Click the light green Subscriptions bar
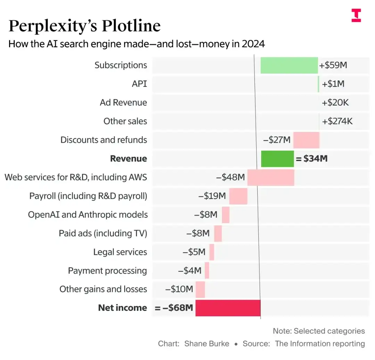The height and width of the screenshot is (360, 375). (x=289, y=65)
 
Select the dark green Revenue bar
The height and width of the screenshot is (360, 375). (x=277, y=159)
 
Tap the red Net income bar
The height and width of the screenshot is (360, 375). (x=228, y=308)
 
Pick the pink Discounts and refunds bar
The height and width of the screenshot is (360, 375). (x=306, y=140)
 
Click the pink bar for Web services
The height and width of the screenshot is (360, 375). (x=270, y=177)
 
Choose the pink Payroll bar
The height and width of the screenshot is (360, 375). (x=238, y=196)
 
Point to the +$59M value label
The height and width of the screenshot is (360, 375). (x=333, y=65)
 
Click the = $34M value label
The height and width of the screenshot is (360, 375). (x=311, y=159)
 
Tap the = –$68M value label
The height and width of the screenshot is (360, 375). (x=174, y=308)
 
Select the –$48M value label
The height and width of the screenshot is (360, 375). (x=231, y=177)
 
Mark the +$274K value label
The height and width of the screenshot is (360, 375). (x=337, y=122)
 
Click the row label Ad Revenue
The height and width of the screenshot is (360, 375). (x=123, y=103)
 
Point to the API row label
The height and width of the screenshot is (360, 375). (x=139, y=84)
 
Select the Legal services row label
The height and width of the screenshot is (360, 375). (x=120, y=252)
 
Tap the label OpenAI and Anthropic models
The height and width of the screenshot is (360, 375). (x=87, y=215)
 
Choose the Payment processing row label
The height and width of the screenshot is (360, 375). (x=107, y=271)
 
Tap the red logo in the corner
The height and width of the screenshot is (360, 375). (x=356, y=16)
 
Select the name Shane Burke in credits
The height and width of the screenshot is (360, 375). (x=207, y=344)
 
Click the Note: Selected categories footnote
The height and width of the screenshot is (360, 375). (x=319, y=331)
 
